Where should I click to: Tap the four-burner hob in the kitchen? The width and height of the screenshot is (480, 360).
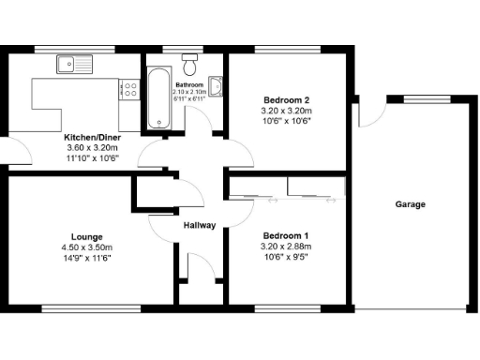click(129, 90)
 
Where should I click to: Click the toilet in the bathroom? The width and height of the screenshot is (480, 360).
click(191, 63)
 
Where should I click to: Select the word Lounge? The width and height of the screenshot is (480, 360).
click(86, 236)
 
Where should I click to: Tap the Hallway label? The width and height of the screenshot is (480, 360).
click(200, 225)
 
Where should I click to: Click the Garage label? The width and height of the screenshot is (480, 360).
click(410, 204)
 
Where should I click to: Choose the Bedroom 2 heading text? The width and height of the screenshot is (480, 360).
click(287, 99)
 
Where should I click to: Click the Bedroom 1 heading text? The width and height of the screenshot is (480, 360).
click(287, 235)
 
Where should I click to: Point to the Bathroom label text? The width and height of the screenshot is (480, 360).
click(190, 83)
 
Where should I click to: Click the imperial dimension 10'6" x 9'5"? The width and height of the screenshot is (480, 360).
click(287, 257)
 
